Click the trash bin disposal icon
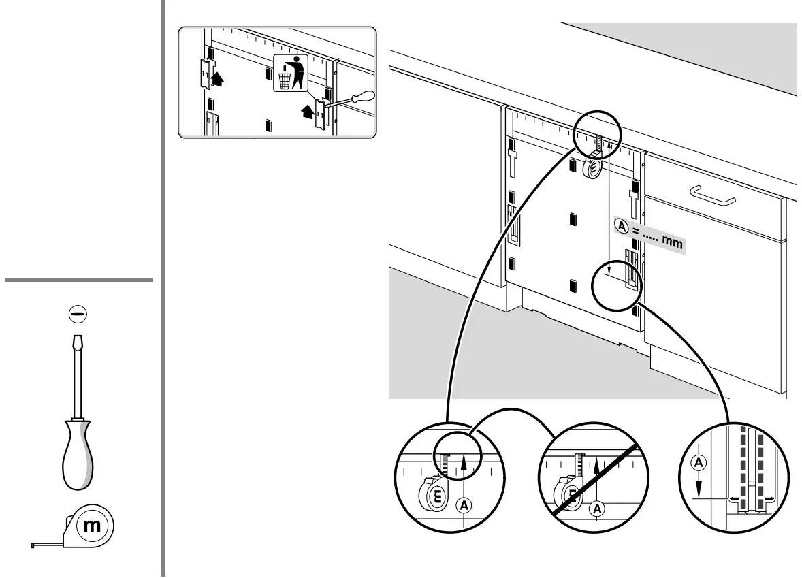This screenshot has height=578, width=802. point(290,74)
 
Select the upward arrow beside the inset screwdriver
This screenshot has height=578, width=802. point(307,109)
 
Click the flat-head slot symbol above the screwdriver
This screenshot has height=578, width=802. point(79,314)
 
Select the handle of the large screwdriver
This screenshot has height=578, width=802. point(79,452)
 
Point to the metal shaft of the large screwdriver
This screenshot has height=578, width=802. point(79,374)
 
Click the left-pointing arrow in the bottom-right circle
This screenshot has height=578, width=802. point(733,499)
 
